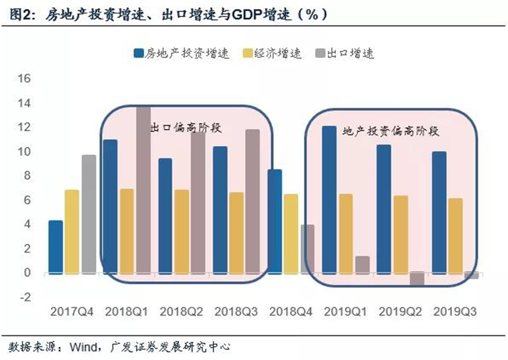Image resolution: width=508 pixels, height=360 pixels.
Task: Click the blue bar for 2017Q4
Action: (56, 247)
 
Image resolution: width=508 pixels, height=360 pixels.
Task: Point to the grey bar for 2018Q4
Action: (307, 249)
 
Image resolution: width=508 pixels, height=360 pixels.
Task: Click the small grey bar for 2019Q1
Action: (362, 265)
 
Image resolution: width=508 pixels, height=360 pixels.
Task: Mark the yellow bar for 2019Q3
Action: (455, 236)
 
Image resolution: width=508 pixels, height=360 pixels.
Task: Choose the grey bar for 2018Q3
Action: (253, 201)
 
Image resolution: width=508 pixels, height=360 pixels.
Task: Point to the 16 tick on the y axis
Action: (23, 79)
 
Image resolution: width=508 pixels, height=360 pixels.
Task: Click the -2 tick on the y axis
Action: (23, 297)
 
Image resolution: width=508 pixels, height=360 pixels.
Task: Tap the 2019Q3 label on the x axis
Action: (454, 312)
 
